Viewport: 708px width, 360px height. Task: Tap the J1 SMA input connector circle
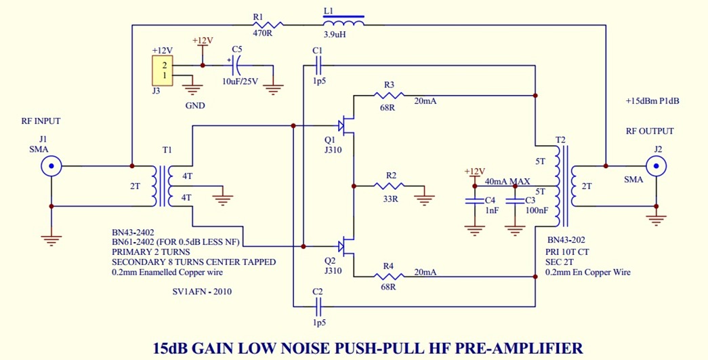pyautogui.click(x=51, y=166)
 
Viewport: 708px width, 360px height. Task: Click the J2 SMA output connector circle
pyautogui.click(x=655, y=165)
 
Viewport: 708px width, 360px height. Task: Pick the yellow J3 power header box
pyautogui.click(x=163, y=71)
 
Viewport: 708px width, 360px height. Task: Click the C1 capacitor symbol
pyautogui.click(x=318, y=66)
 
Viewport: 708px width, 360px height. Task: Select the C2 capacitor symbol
pyautogui.click(x=318, y=304)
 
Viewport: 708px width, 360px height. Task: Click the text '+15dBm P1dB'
pyautogui.click(x=652, y=101)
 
